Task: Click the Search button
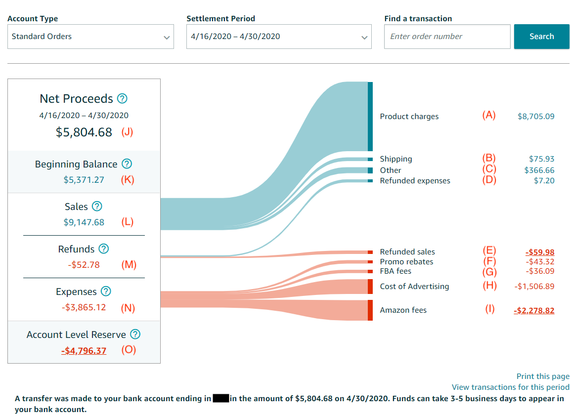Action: point(541,37)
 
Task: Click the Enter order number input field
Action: point(447,37)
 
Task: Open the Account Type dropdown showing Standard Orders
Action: point(90,37)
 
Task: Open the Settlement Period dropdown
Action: point(279,37)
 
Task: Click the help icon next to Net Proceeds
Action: point(122,98)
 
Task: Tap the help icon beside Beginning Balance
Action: point(127,164)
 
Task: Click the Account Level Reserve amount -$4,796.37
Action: point(84,351)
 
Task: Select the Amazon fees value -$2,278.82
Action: point(534,311)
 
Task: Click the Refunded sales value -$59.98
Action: point(540,252)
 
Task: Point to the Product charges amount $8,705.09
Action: point(536,117)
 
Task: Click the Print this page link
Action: point(543,376)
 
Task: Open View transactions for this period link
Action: point(510,387)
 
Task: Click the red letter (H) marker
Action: point(489,286)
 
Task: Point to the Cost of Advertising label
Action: point(414,287)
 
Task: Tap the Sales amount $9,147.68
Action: point(84,222)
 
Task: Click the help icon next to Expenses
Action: point(106,291)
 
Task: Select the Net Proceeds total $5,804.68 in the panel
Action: point(84,132)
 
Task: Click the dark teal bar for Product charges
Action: point(370,117)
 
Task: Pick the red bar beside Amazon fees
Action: point(370,310)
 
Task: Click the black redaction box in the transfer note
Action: point(220,399)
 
